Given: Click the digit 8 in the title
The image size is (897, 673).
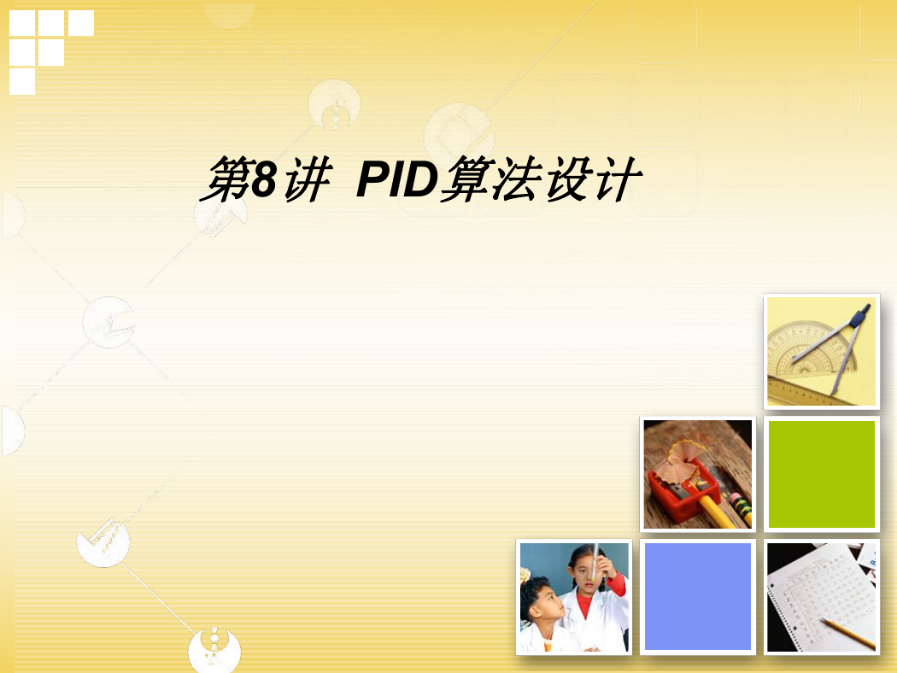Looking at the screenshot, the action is (x=264, y=179).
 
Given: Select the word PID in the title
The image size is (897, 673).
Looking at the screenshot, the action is (x=397, y=179).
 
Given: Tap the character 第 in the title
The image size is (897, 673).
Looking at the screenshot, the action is (x=226, y=179).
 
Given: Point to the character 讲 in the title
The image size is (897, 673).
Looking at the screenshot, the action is (x=308, y=179).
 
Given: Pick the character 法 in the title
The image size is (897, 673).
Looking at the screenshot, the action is (x=519, y=179).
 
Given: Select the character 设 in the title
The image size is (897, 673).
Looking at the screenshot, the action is (x=570, y=179).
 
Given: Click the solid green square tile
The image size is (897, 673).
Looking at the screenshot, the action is (x=822, y=474).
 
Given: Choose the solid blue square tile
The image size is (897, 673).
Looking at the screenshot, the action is (x=697, y=596).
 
